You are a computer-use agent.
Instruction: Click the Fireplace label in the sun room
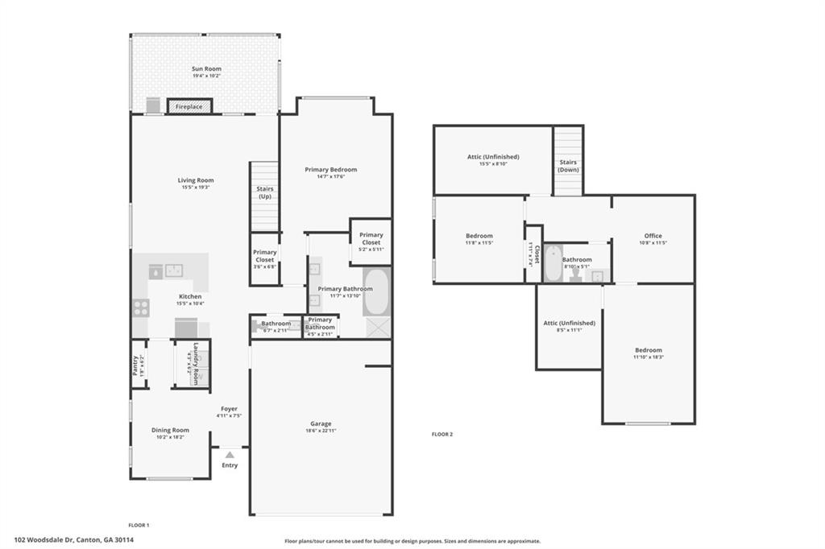tap(189, 106)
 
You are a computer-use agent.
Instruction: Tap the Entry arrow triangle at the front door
tap(230, 455)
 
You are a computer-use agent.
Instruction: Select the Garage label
tap(321, 423)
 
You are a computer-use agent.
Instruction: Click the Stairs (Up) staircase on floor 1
tap(264, 197)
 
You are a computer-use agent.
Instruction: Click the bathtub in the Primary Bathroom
tap(377, 291)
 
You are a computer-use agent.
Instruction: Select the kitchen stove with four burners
tap(141, 308)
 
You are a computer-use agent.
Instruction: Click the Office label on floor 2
tap(653, 236)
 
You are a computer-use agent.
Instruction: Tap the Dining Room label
tap(170, 430)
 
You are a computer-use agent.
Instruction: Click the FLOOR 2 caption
tap(442, 435)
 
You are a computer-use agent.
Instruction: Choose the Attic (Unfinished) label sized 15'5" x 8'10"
tap(493, 157)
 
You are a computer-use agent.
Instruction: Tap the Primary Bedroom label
tap(330, 170)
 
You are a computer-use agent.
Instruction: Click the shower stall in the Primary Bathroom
tap(377, 327)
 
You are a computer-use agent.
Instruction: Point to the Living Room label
tap(196, 180)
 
